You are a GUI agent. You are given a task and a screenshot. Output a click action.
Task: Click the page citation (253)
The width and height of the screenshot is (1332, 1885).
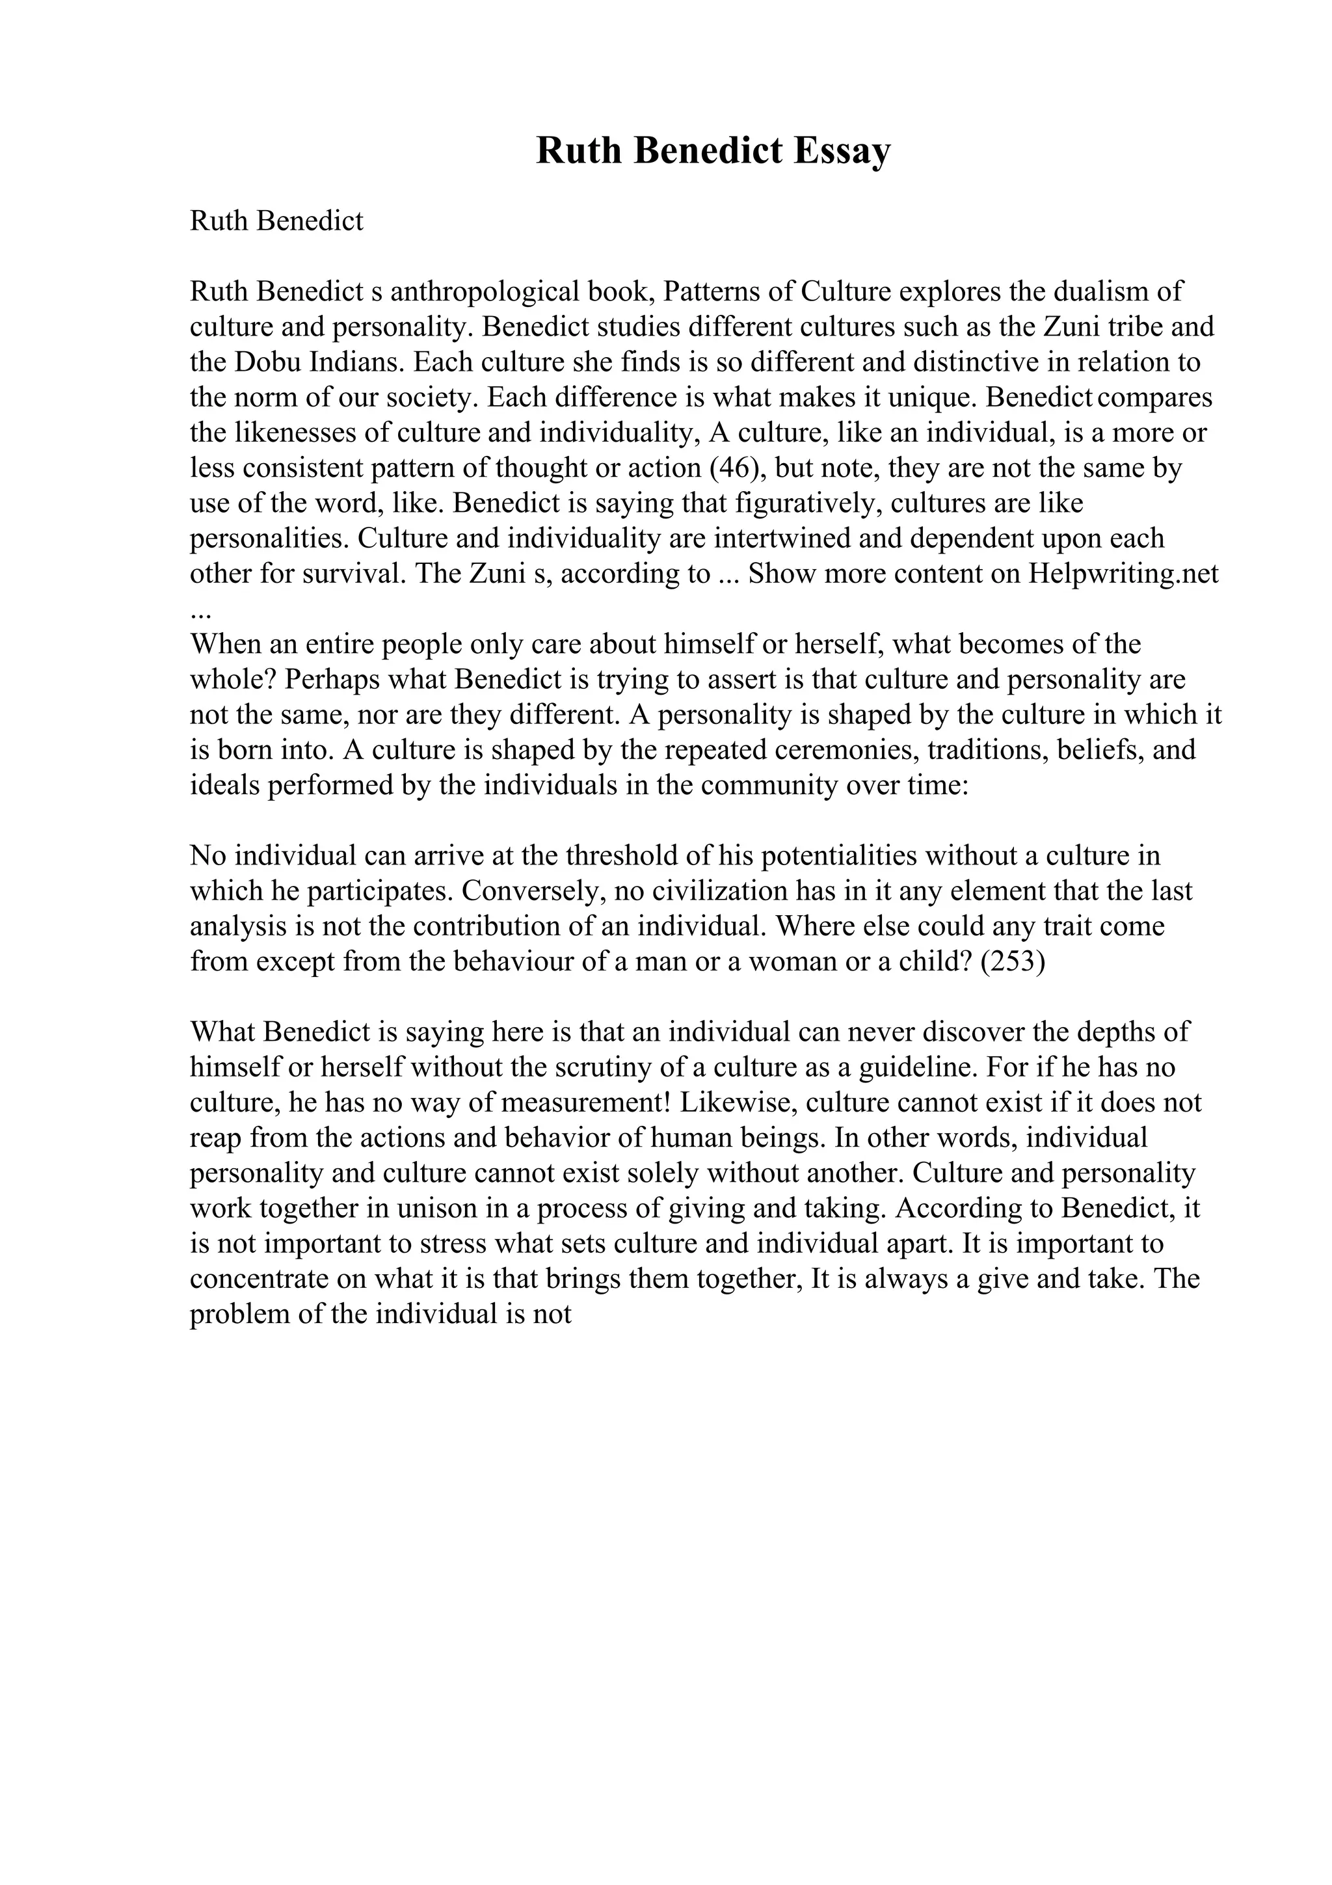[x=1013, y=962]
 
